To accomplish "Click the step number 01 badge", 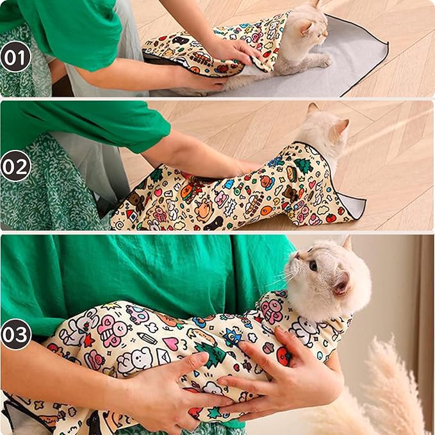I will (16, 57).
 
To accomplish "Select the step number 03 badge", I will (16, 334).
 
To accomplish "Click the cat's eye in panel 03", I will (313, 264).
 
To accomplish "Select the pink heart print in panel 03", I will (172, 344).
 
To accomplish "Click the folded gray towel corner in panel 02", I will (354, 207).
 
